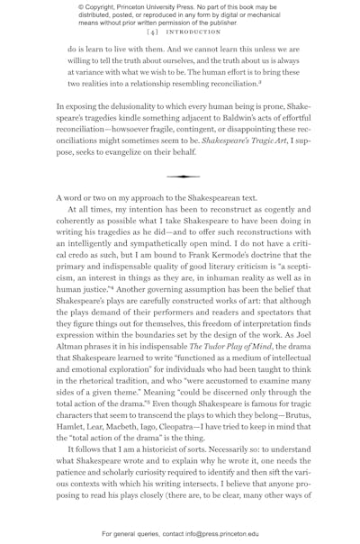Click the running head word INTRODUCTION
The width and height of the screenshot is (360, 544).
(x=190, y=32)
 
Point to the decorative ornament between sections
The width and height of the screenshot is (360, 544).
(x=183, y=177)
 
